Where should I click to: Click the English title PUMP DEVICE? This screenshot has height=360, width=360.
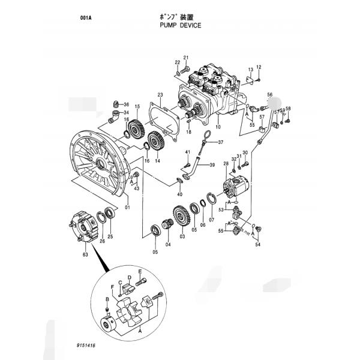tap(179, 26)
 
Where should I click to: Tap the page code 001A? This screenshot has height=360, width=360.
tap(86, 18)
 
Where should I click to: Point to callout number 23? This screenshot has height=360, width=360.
tap(160, 95)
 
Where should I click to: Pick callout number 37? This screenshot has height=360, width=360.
tap(220, 142)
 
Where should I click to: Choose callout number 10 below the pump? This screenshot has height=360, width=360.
tap(218, 127)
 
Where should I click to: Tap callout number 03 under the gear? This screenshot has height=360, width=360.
tap(182, 237)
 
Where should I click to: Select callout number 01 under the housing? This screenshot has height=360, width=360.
tap(127, 208)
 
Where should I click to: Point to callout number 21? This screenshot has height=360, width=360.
tap(186, 58)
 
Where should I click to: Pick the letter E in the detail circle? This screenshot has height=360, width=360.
tap(140, 271)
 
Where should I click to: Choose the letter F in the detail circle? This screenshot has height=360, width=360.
tap(113, 286)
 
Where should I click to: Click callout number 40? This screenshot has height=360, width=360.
tap(179, 195)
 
